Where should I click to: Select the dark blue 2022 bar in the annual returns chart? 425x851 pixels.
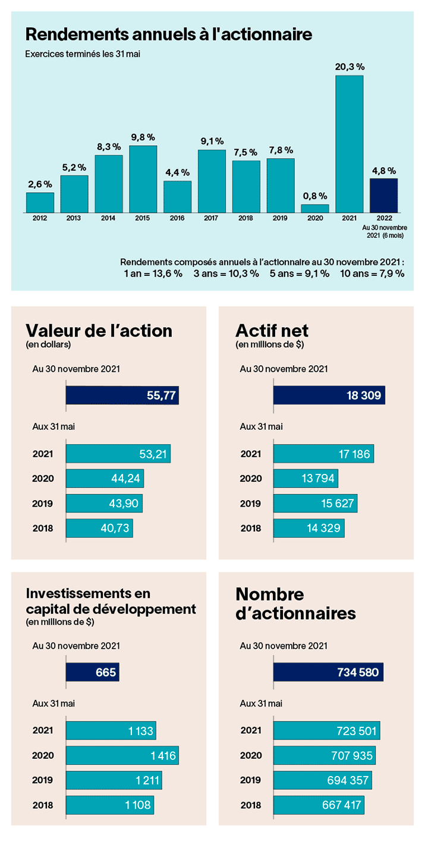point(383,195)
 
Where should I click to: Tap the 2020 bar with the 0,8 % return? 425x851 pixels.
point(314,208)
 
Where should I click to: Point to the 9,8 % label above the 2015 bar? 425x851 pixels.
point(143,137)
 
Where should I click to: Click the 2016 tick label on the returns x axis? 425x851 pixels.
point(177,219)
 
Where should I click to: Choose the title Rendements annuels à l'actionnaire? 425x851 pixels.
point(169,34)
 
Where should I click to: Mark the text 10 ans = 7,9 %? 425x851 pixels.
point(372,274)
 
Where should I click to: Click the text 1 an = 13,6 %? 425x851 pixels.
point(150,274)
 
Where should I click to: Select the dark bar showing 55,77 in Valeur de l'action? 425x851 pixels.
point(122,395)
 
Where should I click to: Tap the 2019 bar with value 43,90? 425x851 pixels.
point(104,504)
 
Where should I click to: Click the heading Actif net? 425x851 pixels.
point(272,330)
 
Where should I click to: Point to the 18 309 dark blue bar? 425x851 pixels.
point(329,395)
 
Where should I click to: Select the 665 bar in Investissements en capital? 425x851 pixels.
point(92,672)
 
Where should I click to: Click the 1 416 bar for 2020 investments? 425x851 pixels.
point(122,755)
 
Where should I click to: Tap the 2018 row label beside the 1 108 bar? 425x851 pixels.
point(42,806)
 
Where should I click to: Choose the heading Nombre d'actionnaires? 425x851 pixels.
point(295,603)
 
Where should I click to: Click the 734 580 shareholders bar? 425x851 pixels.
point(328,672)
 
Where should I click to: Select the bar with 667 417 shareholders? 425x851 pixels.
point(319,805)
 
